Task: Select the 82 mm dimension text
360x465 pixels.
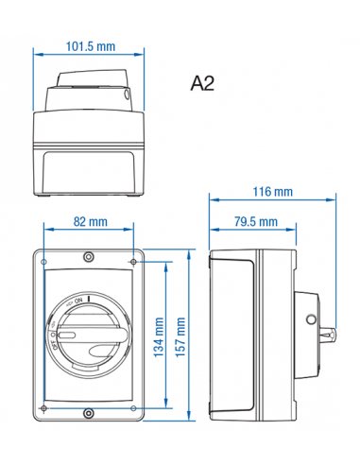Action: point(90,222)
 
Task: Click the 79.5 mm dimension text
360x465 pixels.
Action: point(254,222)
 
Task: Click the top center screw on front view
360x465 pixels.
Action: point(88,257)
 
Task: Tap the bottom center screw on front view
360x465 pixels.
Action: point(88,412)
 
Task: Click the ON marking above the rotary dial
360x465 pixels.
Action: point(78,299)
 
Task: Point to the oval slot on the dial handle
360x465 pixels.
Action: point(69,335)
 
